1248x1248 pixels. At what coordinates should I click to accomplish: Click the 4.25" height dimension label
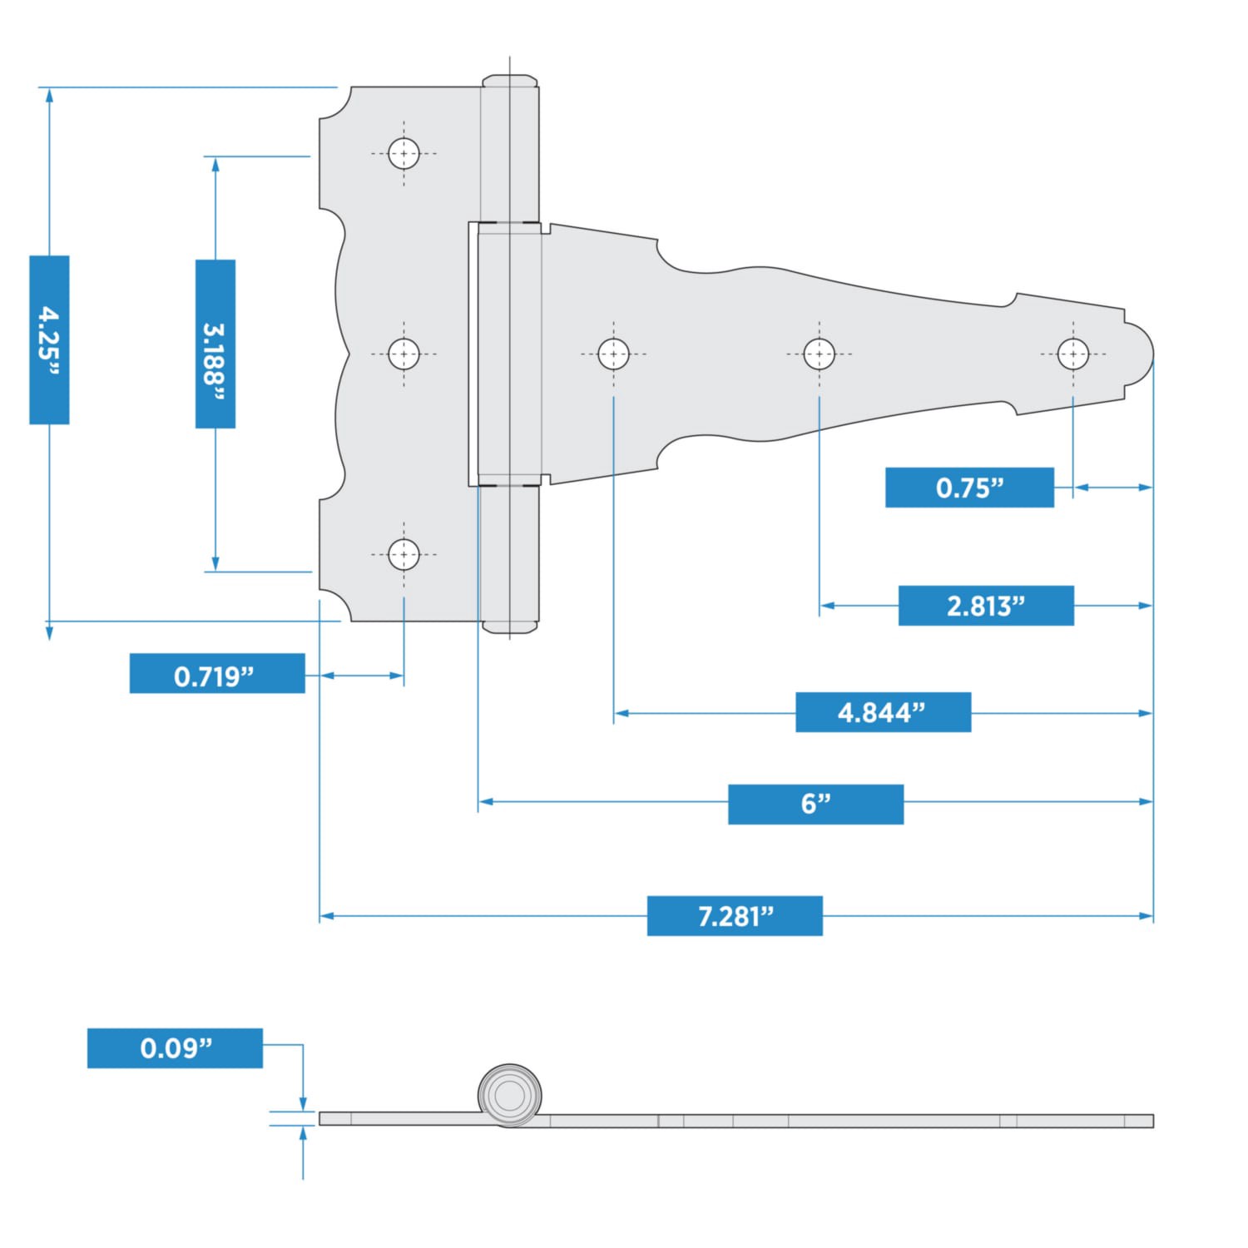(49, 339)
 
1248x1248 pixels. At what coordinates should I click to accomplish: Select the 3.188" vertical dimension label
(215, 344)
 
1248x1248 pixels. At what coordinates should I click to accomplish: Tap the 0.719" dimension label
(217, 673)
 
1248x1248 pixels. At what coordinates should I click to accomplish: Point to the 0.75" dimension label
(969, 488)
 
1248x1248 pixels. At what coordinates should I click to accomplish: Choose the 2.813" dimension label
(986, 606)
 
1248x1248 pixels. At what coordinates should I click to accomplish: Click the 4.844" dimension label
(883, 712)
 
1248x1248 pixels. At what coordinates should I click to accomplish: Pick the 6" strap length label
(815, 804)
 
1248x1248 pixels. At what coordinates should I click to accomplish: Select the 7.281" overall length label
(735, 916)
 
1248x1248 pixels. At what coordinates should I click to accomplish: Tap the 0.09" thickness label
(175, 1048)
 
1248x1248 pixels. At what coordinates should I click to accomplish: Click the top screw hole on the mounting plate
(404, 154)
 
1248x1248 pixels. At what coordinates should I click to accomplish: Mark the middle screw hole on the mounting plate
(404, 354)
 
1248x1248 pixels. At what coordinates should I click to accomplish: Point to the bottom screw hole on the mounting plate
(404, 554)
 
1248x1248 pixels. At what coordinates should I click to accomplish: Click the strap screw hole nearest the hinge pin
(613, 354)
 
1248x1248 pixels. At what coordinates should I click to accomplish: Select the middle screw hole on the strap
(819, 354)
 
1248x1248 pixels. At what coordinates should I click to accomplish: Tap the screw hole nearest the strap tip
(1072, 354)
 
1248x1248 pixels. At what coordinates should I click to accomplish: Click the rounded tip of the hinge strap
(1142, 354)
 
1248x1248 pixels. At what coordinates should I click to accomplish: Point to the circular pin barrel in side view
(510, 1095)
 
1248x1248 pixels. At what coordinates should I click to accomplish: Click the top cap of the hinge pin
(510, 81)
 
